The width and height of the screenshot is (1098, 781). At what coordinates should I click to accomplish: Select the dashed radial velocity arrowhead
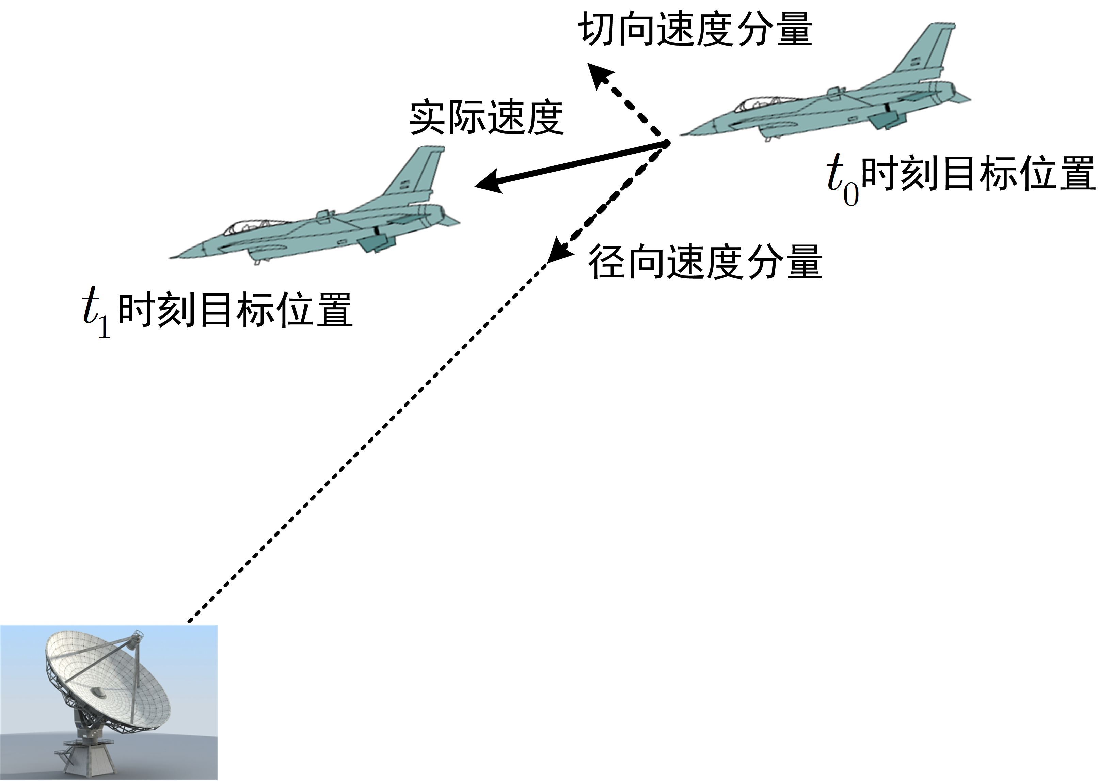pos(556,253)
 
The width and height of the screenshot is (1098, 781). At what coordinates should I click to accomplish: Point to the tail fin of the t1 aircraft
pos(416,173)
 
